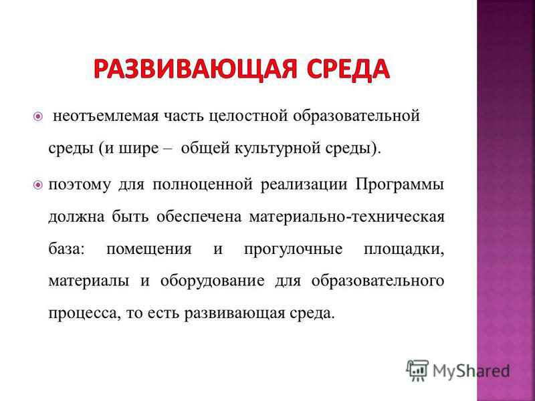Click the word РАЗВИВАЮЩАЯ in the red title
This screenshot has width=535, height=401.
coord(195,69)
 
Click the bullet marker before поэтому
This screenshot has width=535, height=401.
coord(38,185)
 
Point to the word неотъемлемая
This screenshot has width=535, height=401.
coord(106,116)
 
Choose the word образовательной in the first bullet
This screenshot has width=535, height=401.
coord(356,116)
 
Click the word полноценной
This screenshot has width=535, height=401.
coord(203,185)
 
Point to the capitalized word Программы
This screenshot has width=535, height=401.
coord(399,184)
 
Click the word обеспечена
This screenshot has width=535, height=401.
coord(199,217)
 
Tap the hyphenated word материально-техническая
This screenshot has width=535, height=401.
coord(346,217)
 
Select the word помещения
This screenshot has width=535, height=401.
coord(148,249)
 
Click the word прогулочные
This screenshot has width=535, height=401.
coord(293,249)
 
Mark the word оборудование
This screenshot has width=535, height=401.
coord(212,281)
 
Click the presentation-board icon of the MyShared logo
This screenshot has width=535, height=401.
coord(417,371)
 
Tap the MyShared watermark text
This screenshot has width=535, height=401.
coord(471,371)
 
